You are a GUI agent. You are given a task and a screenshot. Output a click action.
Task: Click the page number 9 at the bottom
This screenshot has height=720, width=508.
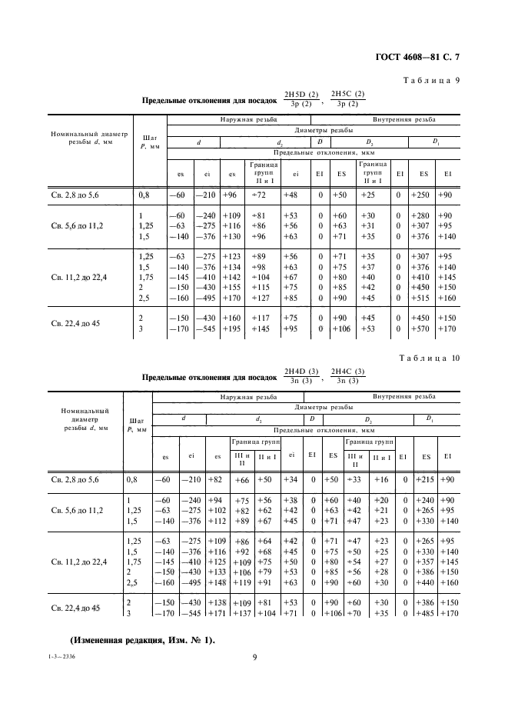pyautogui.click(x=254, y=656)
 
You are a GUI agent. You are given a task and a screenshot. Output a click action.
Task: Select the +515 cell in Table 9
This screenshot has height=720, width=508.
pyautogui.click(x=421, y=298)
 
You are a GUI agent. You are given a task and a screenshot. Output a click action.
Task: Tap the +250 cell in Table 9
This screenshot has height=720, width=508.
pyautogui.click(x=421, y=195)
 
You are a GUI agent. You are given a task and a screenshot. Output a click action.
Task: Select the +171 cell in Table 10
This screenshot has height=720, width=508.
pyautogui.click(x=217, y=613)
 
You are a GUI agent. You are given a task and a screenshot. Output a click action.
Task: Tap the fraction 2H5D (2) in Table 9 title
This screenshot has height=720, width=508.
pyautogui.click(x=300, y=95)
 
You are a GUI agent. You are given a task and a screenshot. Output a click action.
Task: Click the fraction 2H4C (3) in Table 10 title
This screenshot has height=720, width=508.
pyautogui.click(x=347, y=372)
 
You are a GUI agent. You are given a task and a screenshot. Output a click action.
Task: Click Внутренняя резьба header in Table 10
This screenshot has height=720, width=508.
pyautogui.click(x=404, y=397)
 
